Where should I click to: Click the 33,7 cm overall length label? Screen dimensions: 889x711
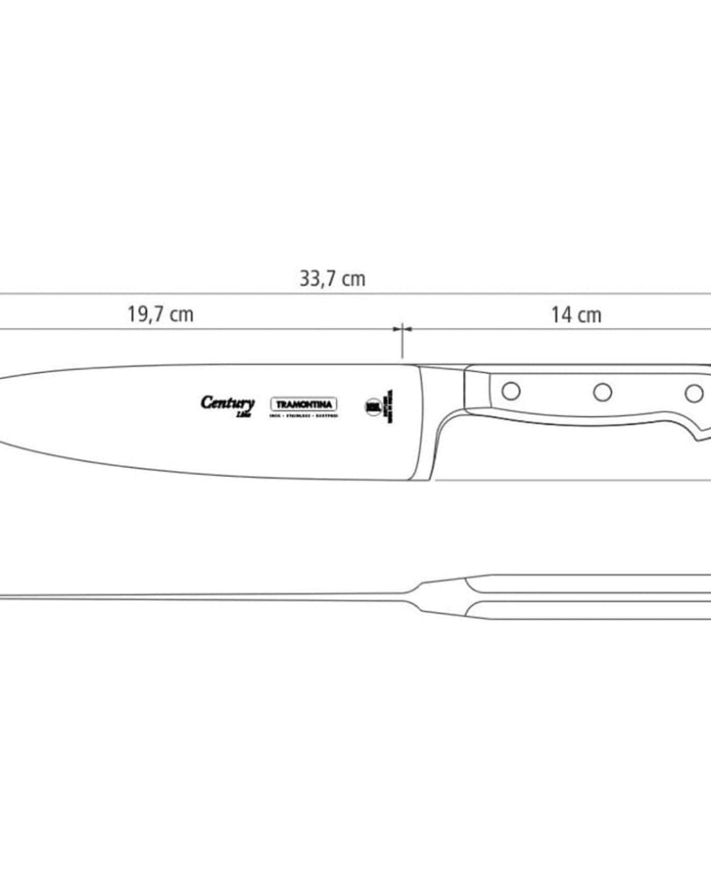tap(333, 279)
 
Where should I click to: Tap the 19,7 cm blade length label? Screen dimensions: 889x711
tap(160, 315)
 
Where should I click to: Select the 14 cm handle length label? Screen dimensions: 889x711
tap(576, 315)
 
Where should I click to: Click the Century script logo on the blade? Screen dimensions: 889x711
tap(227, 404)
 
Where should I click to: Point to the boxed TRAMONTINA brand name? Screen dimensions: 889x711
tap(304, 405)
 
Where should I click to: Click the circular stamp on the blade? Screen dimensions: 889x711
tap(373, 407)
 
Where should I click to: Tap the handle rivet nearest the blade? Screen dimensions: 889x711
tap(511, 391)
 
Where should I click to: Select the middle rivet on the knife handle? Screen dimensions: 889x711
tap(602, 392)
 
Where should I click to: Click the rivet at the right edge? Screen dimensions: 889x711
tap(694, 393)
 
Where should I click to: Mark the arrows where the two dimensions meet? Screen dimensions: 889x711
tap(402, 329)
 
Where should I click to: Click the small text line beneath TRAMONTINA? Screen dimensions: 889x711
tap(304, 416)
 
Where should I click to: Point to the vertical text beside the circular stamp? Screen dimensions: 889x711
tap(391, 407)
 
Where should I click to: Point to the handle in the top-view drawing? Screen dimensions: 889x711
tap(590, 597)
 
